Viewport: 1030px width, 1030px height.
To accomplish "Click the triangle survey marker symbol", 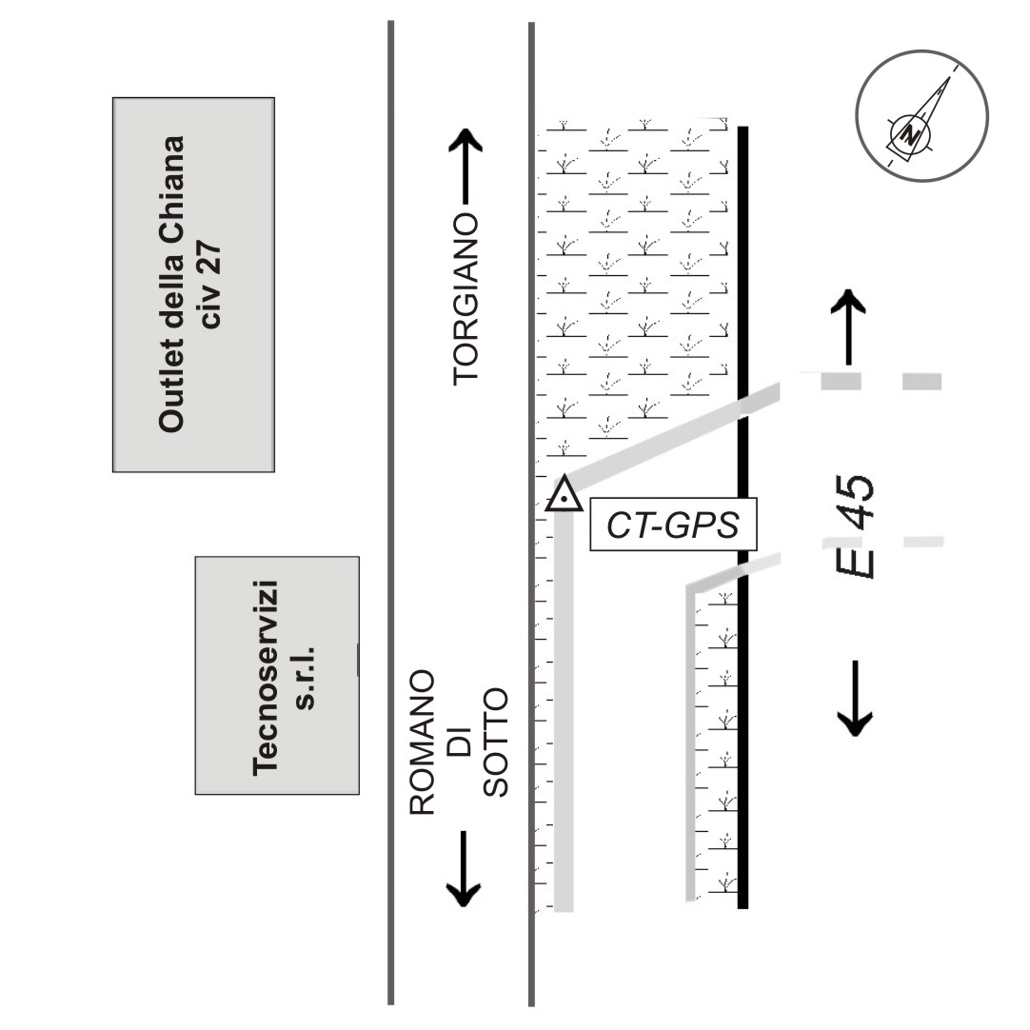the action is (564, 496).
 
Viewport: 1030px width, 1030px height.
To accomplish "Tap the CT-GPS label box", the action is (673, 525).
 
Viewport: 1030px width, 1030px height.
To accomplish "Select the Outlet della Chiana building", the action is (194, 285).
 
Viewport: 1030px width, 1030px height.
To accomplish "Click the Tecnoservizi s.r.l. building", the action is (277, 675).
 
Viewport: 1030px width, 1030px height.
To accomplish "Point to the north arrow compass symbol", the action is (921, 115).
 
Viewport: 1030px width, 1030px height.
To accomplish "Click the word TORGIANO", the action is (465, 299).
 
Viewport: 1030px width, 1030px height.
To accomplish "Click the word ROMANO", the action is (423, 743).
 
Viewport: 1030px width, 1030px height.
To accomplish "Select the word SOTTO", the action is (496, 743).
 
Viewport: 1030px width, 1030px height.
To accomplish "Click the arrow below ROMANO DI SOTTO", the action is (464, 869).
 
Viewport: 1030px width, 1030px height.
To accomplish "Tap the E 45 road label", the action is (855, 526).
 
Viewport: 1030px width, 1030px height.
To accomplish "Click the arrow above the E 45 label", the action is (849, 327).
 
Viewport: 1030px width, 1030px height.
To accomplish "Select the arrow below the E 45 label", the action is (855, 699).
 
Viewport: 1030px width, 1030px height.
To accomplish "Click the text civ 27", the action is (211, 285).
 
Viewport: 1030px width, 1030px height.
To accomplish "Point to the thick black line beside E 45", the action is (743, 518).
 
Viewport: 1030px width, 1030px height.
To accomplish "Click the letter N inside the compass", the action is (910, 134).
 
